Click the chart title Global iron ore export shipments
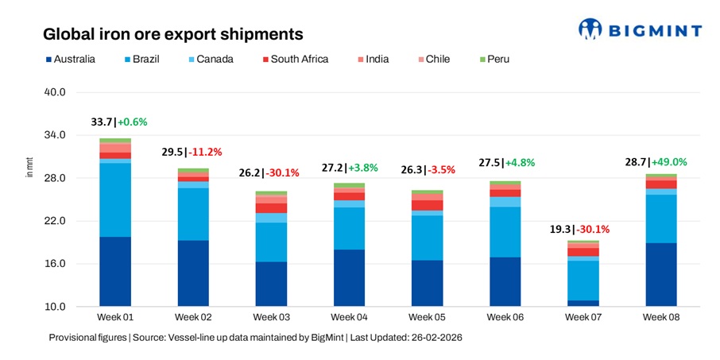[172, 34]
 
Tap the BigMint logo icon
[591, 29]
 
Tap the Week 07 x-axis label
[583, 318]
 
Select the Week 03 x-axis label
[271, 318]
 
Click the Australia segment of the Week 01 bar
[115, 271]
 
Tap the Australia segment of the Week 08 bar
[660, 274]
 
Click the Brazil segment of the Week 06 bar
[505, 232]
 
